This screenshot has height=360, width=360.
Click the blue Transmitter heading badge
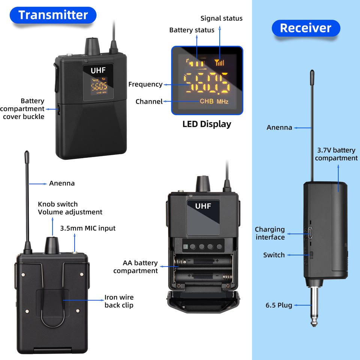[53, 15]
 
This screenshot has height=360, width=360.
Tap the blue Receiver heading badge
[306, 28]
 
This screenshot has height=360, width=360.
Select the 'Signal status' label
[221, 18]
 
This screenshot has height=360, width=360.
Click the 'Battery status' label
[192, 30]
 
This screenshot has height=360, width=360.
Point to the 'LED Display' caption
[207, 124]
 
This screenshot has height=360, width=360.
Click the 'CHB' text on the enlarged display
[206, 101]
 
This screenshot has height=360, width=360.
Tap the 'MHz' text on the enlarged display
[222, 102]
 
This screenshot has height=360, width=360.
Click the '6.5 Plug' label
[279, 305]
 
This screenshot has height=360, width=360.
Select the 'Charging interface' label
[270, 233]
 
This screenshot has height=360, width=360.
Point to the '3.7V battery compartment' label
[336, 154]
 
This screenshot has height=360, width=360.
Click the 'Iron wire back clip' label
[119, 301]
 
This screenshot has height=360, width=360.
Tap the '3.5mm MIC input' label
[88, 228]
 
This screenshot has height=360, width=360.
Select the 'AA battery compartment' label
[135, 267]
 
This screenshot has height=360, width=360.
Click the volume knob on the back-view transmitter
[52, 245]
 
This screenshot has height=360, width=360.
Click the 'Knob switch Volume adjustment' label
[70, 208]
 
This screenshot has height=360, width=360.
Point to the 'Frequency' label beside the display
[145, 84]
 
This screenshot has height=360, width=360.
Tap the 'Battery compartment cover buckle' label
[22, 109]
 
